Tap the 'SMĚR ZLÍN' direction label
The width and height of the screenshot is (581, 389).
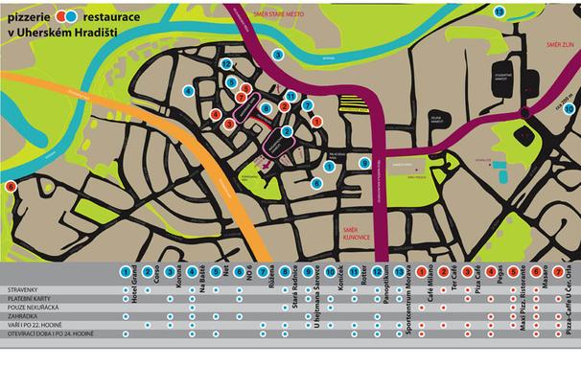pyautogui.click(x=558, y=44)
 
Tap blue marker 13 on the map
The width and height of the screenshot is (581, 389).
pyautogui.click(x=500, y=11)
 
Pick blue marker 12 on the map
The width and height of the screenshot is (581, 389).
pyautogui.click(x=226, y=63)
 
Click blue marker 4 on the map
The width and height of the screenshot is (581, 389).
pyautogui.click(x=190, y=91)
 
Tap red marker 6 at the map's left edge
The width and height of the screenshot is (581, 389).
pyautogui.click(x=11, y=187)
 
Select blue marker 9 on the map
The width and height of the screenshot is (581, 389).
pyautogui.click(x=365, y=163)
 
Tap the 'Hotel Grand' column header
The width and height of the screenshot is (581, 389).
pyautogui.click(x=131, y=288)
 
